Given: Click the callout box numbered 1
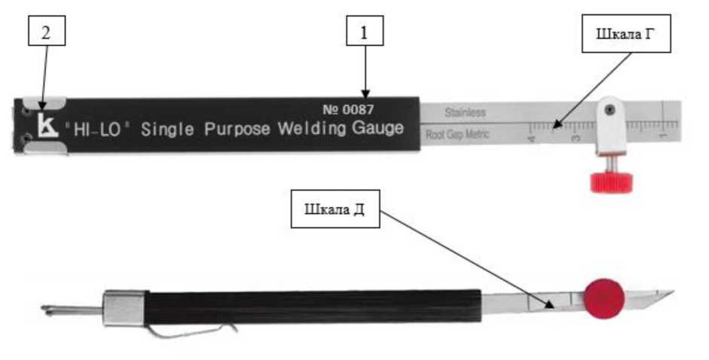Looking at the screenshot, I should click(x=365, y=32).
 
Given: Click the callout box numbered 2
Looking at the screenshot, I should click(x=46, y=32).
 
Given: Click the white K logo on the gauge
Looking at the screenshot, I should click(x=47, y=127).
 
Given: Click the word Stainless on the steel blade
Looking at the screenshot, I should click(x=465, y=113).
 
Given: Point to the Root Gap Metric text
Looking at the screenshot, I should click(x=457, y=135).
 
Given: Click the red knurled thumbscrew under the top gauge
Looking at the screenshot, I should click(x=611, y=181).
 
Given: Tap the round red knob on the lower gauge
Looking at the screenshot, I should click(x=605, y=297).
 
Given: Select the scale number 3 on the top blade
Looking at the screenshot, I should click(x=576, y=138).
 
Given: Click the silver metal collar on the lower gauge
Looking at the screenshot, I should click(x=124, y=307).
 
